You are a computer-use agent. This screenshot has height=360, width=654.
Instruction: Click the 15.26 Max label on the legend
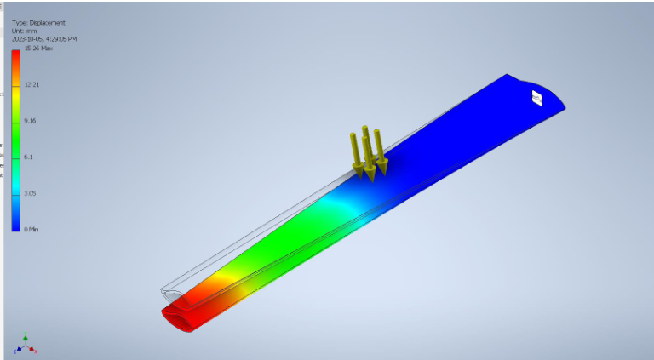click(39, 49)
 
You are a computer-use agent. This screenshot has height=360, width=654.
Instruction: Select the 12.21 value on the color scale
click(32, 84)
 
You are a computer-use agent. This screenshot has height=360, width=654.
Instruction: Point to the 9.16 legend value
click(31, 121)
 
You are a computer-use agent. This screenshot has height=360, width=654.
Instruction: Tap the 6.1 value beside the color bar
click(28, 157)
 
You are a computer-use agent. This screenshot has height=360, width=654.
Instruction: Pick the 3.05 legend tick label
click(31, 193)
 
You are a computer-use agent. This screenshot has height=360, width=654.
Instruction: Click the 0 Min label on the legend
click(32, 230)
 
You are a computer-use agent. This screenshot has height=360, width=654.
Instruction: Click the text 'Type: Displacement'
click(37, 23)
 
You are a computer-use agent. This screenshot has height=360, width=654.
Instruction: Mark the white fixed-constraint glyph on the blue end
click(536, 100)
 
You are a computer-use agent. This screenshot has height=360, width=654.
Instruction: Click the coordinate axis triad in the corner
click(26, 345)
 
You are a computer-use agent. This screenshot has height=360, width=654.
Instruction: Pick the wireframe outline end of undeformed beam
click(169, 291)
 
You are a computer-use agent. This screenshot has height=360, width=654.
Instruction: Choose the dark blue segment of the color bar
click(16, 220)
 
